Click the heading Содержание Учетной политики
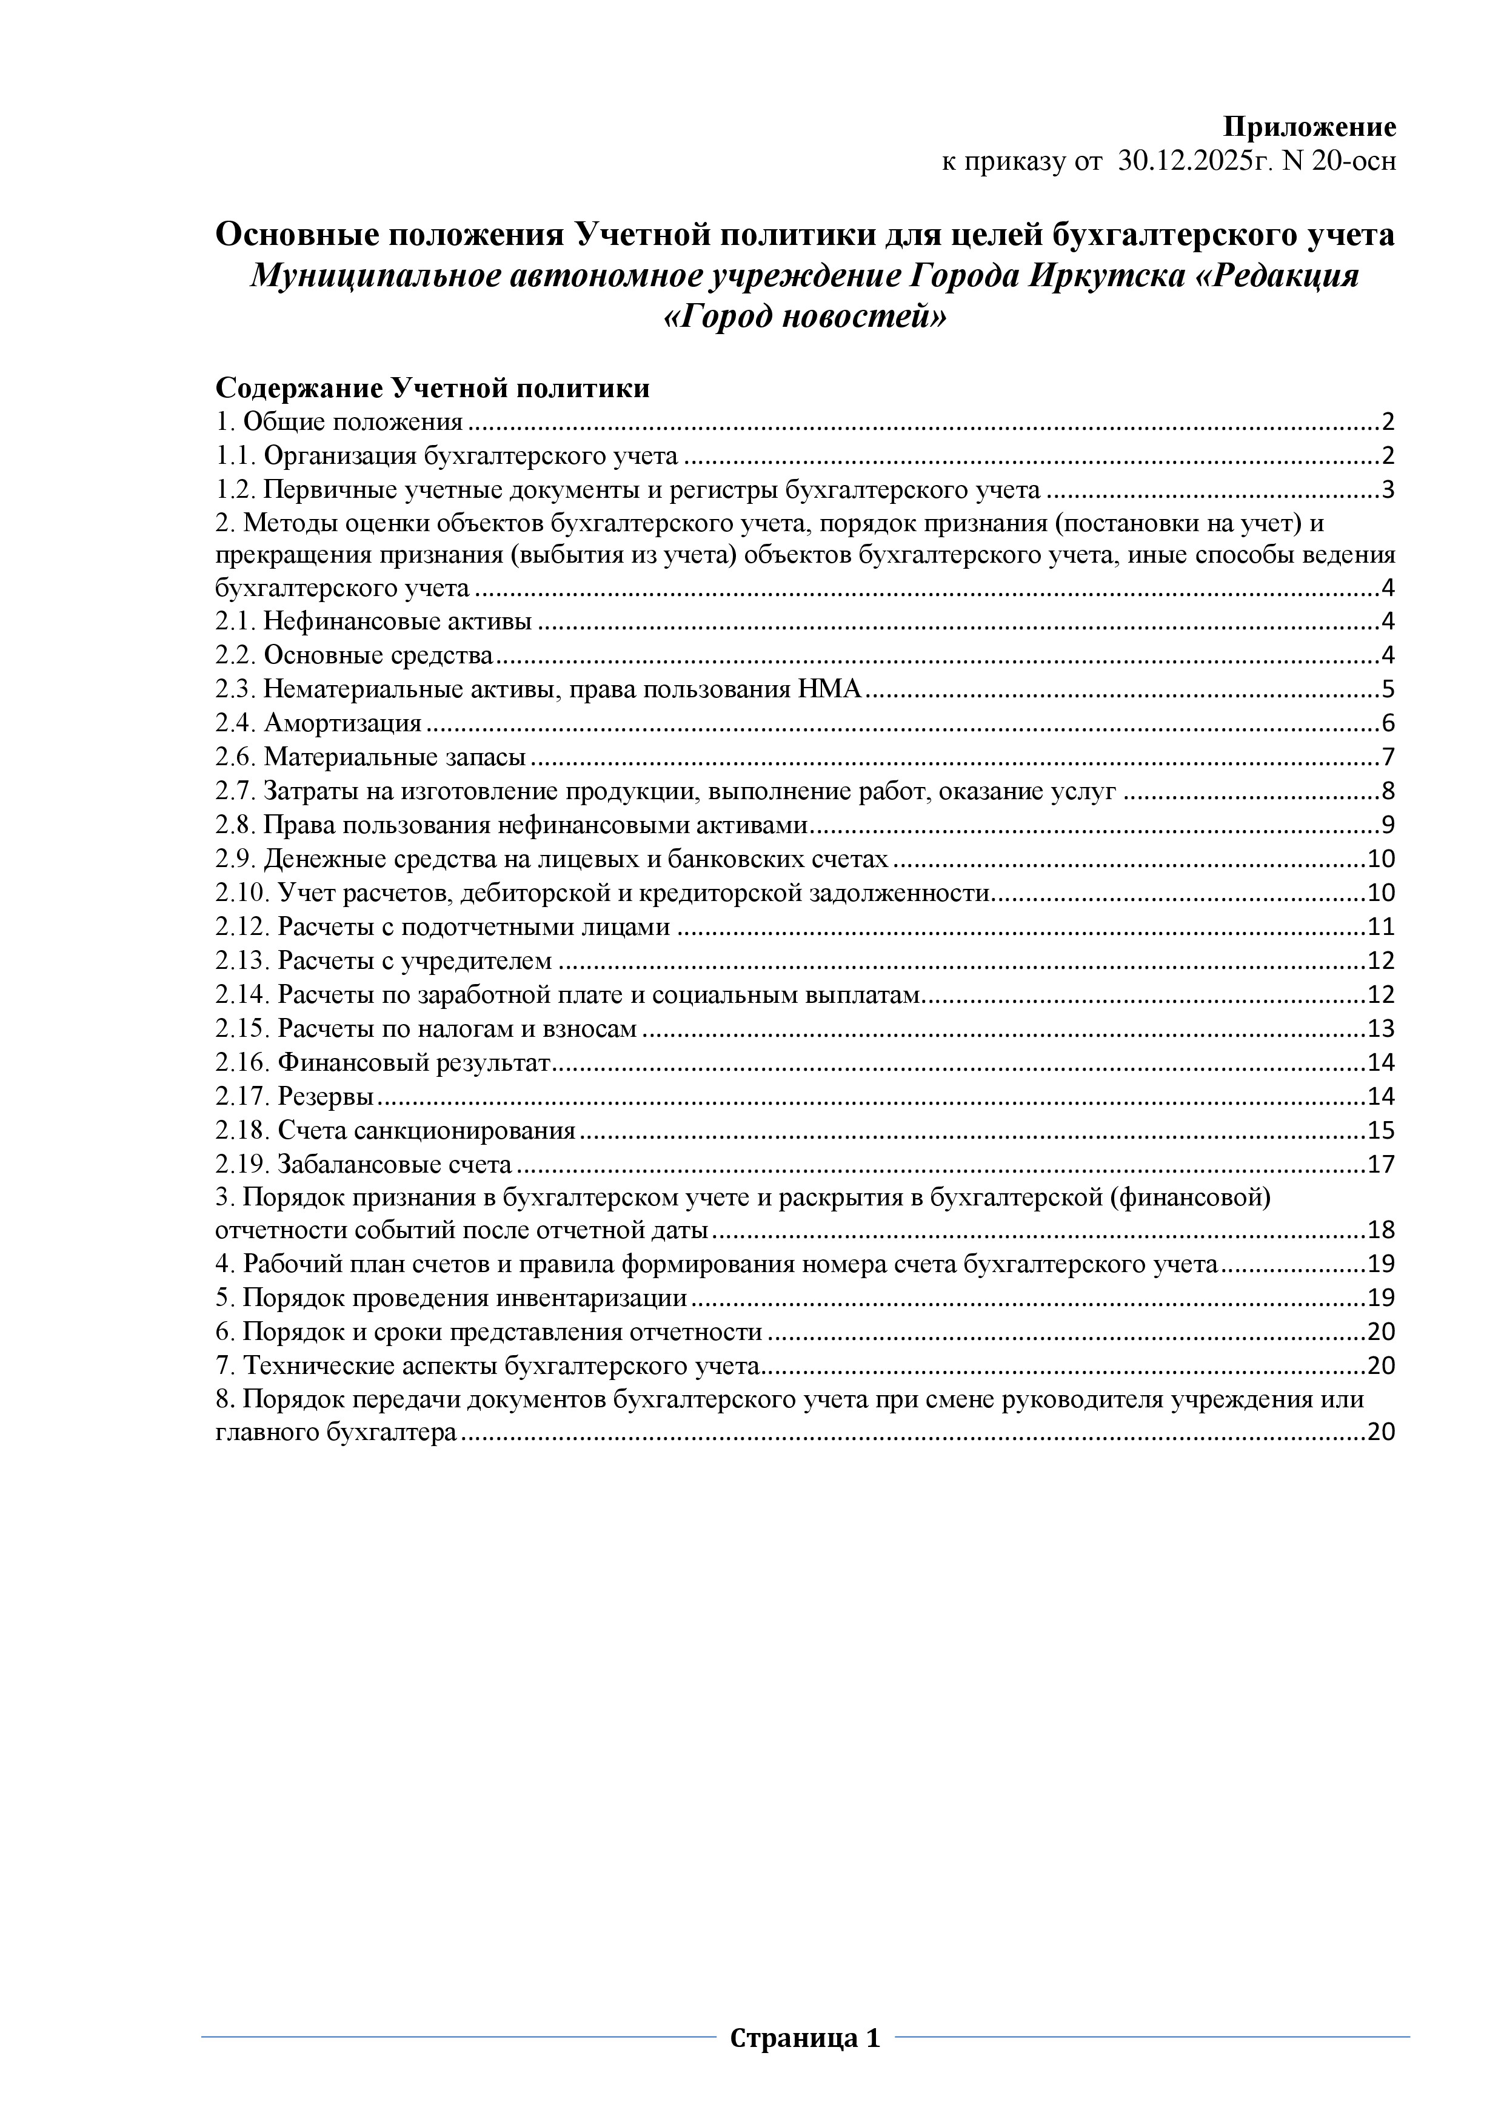tap(432, 388)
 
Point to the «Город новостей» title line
tap(806, 318)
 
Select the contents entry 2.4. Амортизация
tap(319, 723)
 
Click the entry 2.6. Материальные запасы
tap(370, 757)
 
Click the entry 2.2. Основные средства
tap(354, 655)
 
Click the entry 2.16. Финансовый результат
tap(383, 1062)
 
